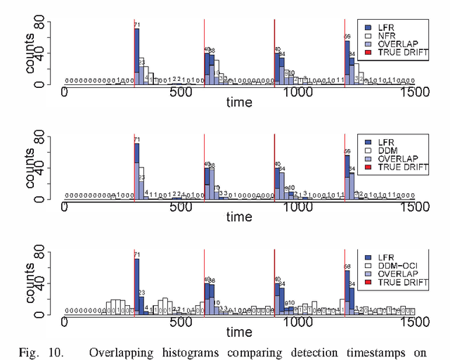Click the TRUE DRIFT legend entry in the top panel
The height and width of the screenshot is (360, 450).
397,52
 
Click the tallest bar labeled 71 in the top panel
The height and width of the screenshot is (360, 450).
136,56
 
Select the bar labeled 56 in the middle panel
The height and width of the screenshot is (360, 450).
347,179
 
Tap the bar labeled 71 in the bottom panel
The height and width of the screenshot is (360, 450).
136,285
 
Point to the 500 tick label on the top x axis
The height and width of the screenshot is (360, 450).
181,92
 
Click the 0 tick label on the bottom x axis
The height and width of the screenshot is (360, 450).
65,322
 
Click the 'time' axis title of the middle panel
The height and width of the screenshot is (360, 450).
239,219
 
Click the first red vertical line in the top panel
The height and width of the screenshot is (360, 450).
134,53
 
